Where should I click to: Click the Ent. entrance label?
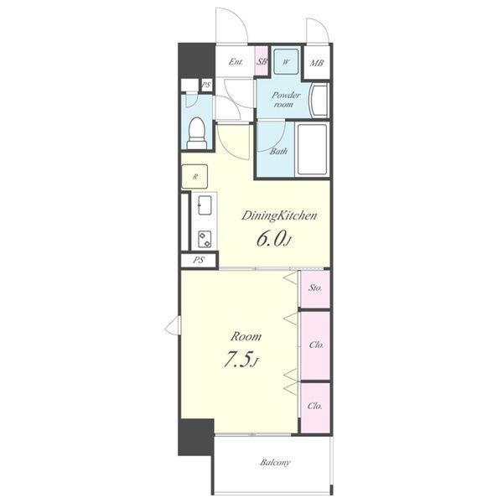(x=236, y=61)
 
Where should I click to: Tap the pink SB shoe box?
(x=262, y=61)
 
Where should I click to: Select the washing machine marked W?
(x=286, y=61)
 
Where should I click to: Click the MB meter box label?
(x=317, y=63)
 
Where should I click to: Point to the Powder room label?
(x=285, y=100)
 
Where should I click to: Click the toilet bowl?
(x=197, y=132)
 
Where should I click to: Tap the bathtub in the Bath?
(x=312, y=150)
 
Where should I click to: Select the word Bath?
(x=278, y=151)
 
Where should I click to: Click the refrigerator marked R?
(x=194, y=176)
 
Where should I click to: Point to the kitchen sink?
(x=205, y=205)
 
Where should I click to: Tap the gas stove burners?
(x=205, y=239)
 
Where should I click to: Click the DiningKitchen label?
(x=279, y=216)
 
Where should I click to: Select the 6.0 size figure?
(x=271, y=239)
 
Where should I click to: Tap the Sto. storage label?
(x=315, y=288)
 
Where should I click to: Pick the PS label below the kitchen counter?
(x=199, y=260)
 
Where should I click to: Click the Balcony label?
(x=275, y=462)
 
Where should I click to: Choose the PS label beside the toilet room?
(x=206, y=86)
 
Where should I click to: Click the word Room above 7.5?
(x=246, y=336)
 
